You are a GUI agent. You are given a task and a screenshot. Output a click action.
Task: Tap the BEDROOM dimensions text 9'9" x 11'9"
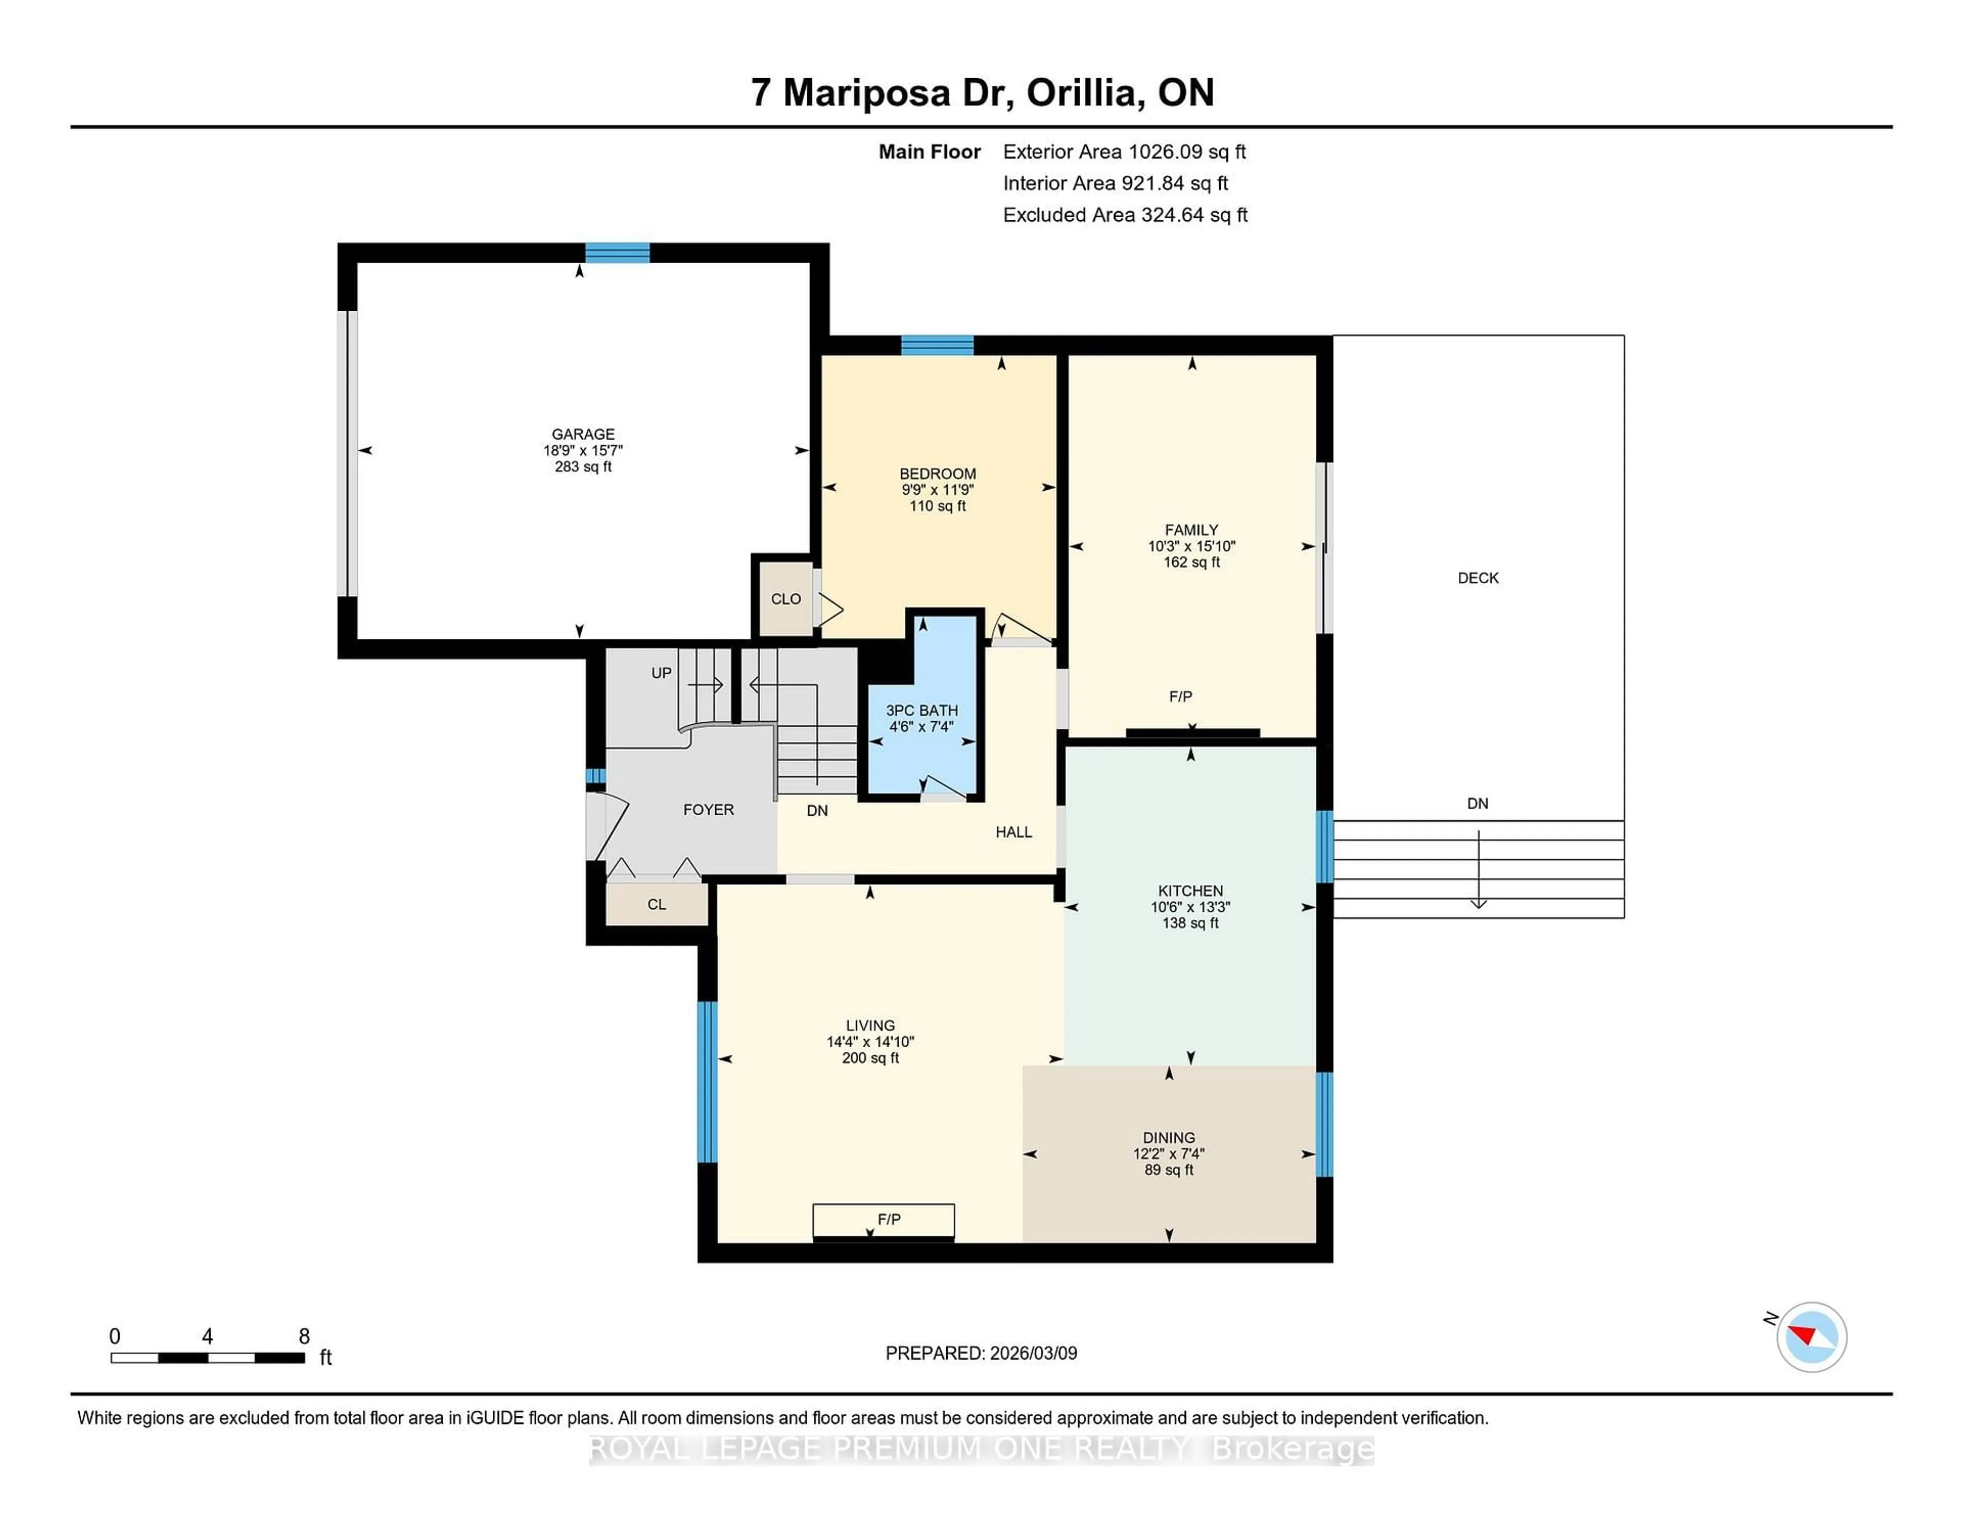[x=938, y=490]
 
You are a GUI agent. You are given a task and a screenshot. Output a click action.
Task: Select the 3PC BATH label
[x=921, y=710]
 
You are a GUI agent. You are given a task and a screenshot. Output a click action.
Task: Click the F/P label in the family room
[x=1180, y=697]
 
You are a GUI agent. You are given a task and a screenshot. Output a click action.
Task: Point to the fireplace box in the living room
[x=883, y=1221]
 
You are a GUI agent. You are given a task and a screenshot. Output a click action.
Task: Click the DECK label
[x=1478, y=578]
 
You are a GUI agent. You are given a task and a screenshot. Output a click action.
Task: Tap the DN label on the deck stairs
[x=1478, y=803]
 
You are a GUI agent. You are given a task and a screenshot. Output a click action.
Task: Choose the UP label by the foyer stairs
[x=661, y=673]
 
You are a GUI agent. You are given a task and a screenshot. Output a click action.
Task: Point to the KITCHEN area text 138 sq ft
[x=1190, y=923]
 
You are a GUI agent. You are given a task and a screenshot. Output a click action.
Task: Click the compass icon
[x=1811, y=1337]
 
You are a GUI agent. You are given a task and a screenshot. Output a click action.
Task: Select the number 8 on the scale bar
[x=304, y=1337]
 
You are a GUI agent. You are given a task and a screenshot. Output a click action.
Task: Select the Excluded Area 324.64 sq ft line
[x=1125, y=215]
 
